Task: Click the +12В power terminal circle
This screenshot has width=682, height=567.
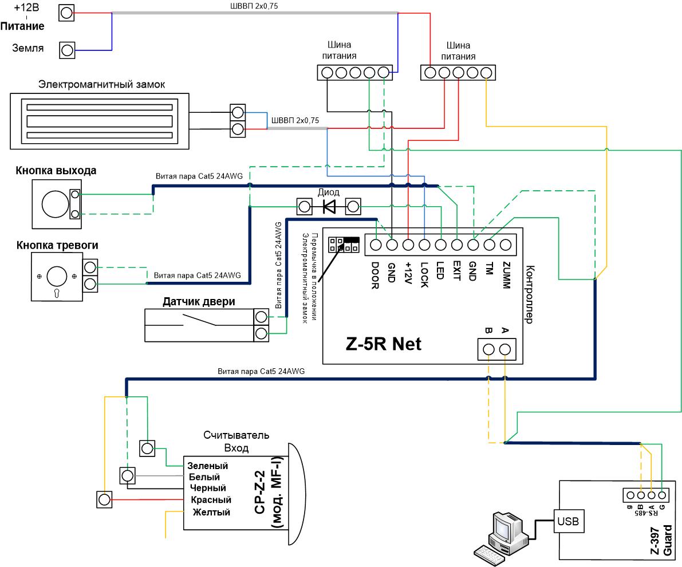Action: pos(66,13)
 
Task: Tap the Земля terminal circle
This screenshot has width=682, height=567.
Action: pos(67,50)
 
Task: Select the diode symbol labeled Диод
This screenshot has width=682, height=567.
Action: pos(329,206)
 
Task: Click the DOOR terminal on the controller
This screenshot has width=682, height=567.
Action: pos(376,245)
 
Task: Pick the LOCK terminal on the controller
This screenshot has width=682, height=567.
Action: pos(424,245)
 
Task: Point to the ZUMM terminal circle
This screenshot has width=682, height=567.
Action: pos(506,245)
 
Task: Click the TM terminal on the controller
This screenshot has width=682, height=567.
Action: pos(490,245)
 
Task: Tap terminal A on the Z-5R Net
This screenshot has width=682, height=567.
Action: pos(505,349)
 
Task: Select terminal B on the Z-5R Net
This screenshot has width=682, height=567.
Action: pos(489,349)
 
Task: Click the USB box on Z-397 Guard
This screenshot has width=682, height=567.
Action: pos(567,521)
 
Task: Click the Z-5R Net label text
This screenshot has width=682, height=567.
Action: pos(384,344)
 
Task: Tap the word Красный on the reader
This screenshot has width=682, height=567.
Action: pos(211,500)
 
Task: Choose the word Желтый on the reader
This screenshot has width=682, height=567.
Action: pos(211,512)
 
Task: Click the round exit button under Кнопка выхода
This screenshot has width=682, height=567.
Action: pos(55,204)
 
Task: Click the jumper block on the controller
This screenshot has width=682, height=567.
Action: pos(344,244)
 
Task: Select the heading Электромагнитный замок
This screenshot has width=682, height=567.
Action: pos(101,84)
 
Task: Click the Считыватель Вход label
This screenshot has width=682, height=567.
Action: pos(236,441)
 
